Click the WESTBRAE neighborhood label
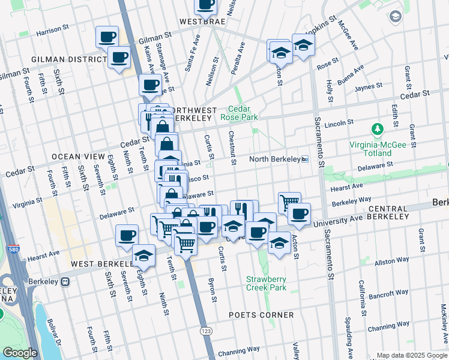202,22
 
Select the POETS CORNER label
262,315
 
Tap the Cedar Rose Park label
243,113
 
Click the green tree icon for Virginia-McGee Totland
378,129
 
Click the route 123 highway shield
206,331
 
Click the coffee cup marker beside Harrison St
107,37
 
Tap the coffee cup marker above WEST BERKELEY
127,236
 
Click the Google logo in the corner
19,352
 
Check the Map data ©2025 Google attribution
412,355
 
